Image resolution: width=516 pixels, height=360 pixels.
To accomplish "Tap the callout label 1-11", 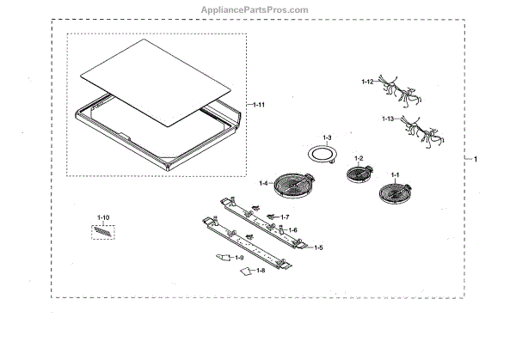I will coord(257,104).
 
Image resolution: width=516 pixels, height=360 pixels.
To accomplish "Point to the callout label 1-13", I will coord(390,119).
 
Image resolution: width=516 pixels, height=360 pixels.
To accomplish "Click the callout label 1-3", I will coord(327,137).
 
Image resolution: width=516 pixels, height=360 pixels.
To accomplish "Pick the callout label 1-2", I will coord(359,157).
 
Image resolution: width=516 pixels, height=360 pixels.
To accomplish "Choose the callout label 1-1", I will coord(396,175).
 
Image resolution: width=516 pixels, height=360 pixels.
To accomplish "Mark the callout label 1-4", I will coord(265,183).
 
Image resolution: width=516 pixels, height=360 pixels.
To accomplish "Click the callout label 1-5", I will coord(317,247).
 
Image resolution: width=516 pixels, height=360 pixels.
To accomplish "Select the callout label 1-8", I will coord(261,271).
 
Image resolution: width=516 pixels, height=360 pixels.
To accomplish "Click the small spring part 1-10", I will coord(103,231).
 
